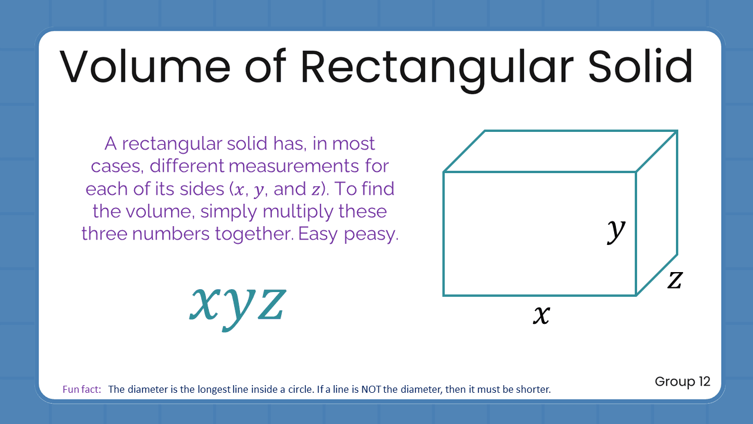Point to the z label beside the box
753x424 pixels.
click(674, 280)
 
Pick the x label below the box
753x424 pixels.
click(541, 315)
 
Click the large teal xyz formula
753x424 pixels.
click(238, 302)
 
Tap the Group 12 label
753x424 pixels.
click(682, 382)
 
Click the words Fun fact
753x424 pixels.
click(82, 389)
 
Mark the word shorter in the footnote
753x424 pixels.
click(534, 389)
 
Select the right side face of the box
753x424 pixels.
click(657, 213)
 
